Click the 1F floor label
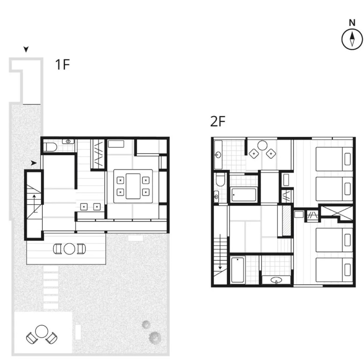(62, 65)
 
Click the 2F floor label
(218, 121)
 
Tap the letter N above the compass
(352, 23)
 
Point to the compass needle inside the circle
(352, 39)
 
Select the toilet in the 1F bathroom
(50, 147)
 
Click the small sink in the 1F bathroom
(68, 141)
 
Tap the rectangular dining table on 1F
(133, 186)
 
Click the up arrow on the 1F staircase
(35, 203)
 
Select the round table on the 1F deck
(69, 249)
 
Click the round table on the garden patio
(42, 331)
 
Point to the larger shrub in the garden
(155, 337)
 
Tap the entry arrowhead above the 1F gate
(26, 49)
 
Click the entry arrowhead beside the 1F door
(34, 163)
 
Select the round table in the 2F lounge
(262, 146)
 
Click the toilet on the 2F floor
(220, 180)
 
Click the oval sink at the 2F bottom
(276, 280)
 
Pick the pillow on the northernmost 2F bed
(347, 159)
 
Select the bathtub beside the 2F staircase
(238, 270)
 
